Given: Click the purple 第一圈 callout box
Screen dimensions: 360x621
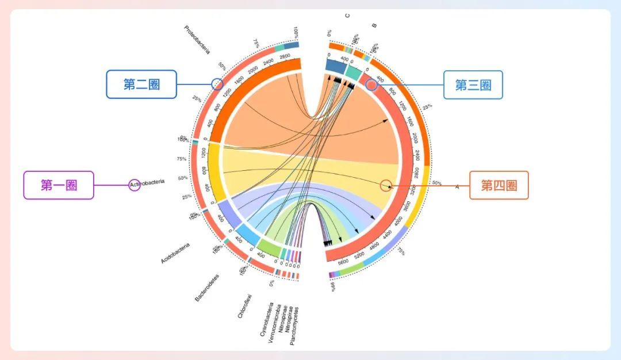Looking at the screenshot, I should point(59,185).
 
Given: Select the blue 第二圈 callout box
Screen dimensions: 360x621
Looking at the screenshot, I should point(141,85).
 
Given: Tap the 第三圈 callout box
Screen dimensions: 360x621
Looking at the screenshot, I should point(473,85).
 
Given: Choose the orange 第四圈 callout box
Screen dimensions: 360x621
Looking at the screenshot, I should point(499,185).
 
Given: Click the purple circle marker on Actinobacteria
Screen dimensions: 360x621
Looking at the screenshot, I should point(135,185).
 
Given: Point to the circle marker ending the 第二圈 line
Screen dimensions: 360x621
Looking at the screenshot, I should point(217,84).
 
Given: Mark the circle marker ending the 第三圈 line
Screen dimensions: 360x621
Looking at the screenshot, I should point(371,85).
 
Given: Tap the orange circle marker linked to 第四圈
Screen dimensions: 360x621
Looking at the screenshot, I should point(386,185).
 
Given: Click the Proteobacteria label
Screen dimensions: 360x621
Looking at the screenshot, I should point(197,44).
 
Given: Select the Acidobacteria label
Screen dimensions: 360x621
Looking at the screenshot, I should point(175,253).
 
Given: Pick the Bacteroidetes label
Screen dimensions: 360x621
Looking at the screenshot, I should point(206,287).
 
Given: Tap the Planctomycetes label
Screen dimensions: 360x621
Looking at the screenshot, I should point(294,325).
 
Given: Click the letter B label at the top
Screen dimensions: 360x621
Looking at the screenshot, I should point(374,25).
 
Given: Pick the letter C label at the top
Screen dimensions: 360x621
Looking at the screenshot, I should point(347,16).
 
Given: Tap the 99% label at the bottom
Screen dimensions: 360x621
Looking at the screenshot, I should point(333,286).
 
